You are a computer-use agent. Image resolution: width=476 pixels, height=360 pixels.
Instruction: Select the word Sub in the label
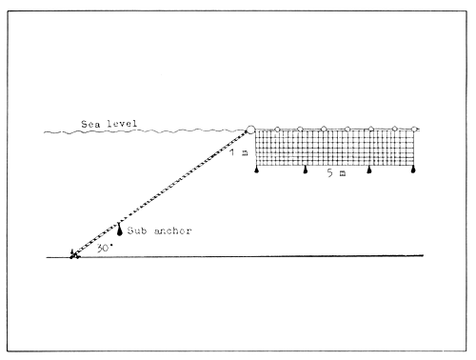point(135,230)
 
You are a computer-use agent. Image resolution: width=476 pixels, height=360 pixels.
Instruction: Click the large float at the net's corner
point(249,130)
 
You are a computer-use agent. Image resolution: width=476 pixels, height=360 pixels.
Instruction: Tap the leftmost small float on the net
point(277,129)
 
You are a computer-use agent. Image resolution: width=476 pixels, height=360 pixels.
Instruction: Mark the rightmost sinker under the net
point(412,171)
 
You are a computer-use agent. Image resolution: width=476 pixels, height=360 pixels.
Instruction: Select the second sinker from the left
point(305,171)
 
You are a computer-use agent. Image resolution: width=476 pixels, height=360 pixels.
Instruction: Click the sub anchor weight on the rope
point(120,230)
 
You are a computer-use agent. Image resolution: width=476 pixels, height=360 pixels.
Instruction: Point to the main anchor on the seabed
point(73,255)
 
